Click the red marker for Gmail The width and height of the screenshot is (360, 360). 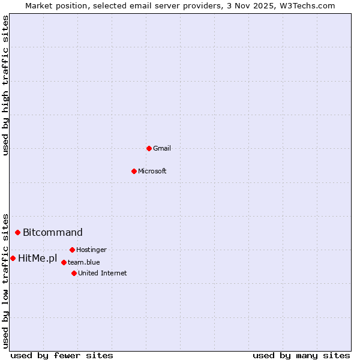click(149, 148)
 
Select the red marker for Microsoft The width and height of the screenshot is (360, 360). click(134, 171)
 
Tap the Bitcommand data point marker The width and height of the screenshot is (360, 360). click(17, 232)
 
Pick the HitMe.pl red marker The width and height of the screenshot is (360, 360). click(13, 258)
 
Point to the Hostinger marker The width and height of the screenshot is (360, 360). click(72, 250)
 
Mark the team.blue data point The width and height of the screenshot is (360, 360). click(64, 262)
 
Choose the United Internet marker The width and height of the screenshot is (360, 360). click(74, 273)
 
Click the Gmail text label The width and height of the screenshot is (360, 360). click(162, 148)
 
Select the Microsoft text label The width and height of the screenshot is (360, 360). click(152, 171)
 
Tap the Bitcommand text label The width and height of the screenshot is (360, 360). click(53, 232)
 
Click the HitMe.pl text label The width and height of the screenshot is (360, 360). click(38, 259)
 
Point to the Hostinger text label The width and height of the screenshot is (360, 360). click(91, 250)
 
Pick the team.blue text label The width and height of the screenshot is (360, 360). click(84, 262)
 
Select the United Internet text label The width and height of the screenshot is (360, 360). click(103, 273)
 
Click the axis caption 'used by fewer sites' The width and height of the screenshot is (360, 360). click(62, 355)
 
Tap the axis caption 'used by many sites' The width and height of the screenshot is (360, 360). click(301, 355)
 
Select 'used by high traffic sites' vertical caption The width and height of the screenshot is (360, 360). click(6, 85)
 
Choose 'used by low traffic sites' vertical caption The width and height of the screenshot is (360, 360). click(6, 280)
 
